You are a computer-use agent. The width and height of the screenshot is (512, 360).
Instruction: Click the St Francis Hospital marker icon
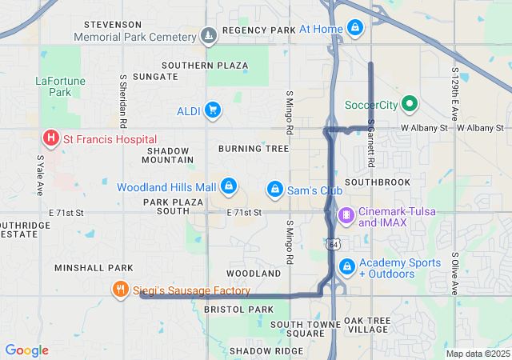[51, 139]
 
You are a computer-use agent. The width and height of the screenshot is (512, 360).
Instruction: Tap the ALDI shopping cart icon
[212, 110]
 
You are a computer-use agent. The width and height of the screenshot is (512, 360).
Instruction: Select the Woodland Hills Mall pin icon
[229, 186]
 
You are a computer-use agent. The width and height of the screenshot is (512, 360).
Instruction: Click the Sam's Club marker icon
[274, 190]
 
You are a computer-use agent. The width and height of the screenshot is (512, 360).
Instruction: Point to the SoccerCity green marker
[410, 104]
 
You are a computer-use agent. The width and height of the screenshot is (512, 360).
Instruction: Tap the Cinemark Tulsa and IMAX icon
[346, 214]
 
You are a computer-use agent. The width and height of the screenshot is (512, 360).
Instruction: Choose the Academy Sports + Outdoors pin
[346, 266]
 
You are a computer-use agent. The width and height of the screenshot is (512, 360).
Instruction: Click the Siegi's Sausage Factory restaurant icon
[121, 290]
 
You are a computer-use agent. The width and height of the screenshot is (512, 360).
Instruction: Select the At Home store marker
[355, 29]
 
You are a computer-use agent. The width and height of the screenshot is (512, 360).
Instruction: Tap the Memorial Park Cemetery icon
[209, 36]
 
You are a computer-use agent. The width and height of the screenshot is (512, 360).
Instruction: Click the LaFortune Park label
[54, 86]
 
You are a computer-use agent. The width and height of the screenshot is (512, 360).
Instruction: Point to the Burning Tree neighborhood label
[253, 149]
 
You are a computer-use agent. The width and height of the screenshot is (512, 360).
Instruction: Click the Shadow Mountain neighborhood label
[169, 155]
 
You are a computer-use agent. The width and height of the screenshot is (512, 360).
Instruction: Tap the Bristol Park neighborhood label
[238, 309]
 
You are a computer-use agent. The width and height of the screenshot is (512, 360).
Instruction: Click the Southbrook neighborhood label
[378, 182]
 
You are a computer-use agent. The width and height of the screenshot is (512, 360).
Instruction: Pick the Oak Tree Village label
[367, 325]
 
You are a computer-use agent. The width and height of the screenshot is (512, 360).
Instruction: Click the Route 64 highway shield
[331, 243]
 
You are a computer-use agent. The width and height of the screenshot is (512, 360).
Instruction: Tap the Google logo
[26, 350]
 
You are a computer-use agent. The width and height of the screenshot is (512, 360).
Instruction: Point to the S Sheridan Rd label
[123, 102]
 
